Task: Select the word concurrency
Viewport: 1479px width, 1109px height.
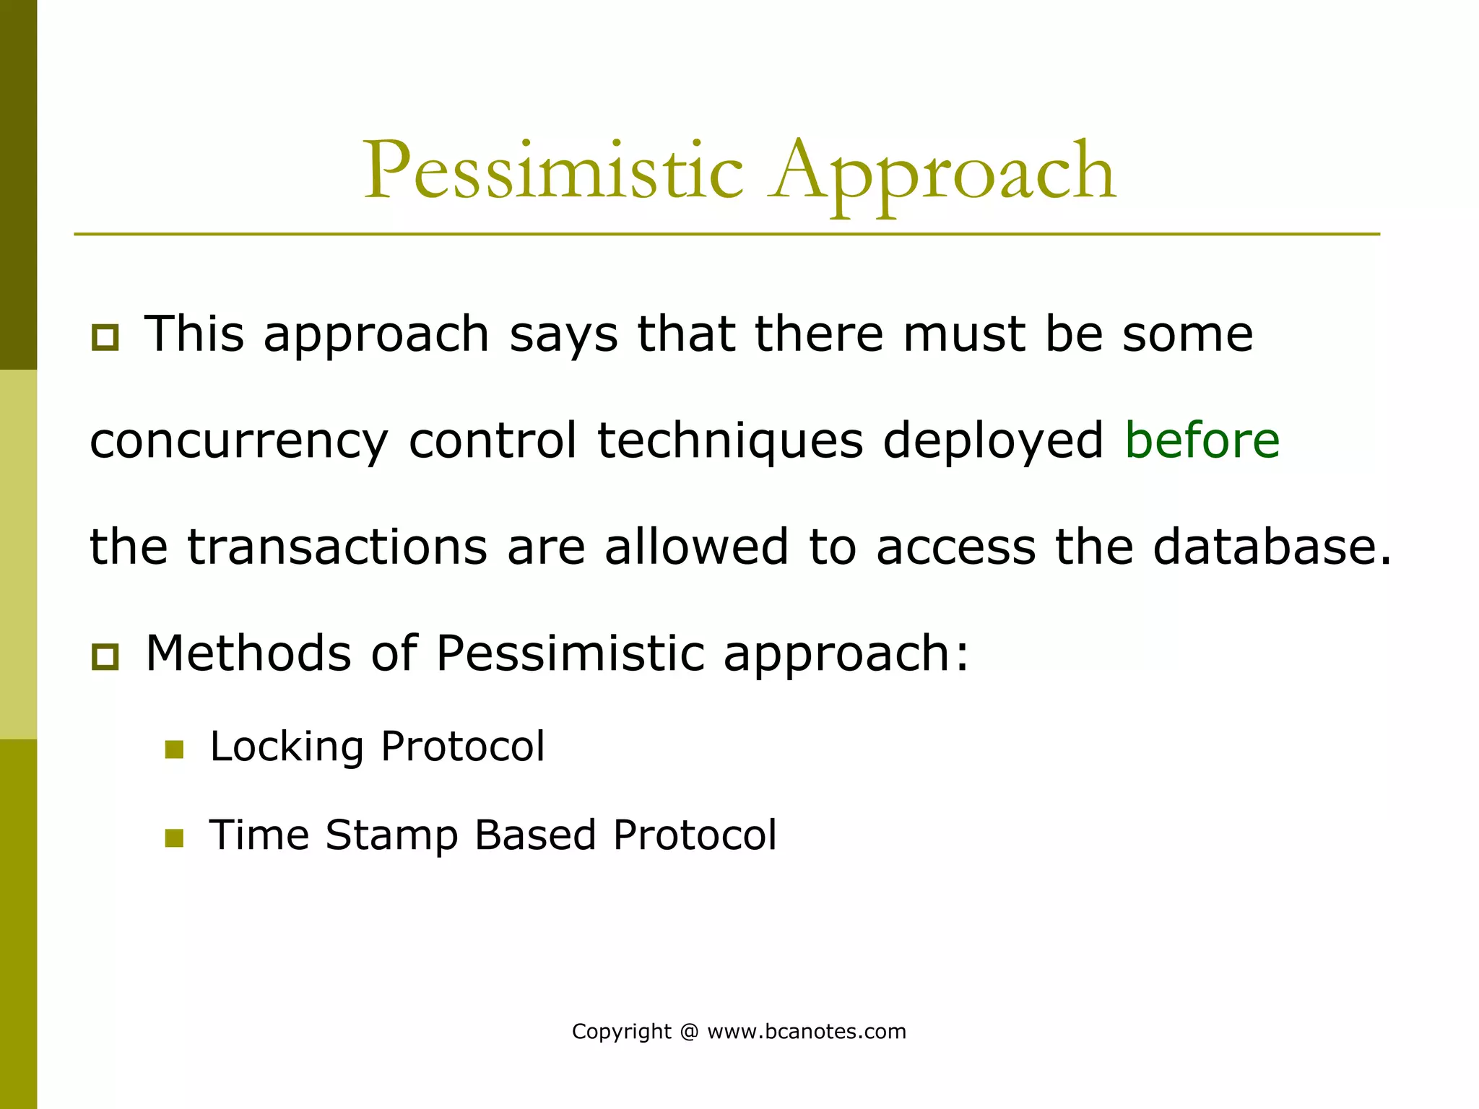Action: point(239,442)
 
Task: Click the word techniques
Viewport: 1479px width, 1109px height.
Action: point(730,442)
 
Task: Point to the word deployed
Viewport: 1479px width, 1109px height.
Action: point(993,442)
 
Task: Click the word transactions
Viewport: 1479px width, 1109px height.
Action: point(337,547)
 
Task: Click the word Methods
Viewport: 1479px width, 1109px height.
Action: point(248,653)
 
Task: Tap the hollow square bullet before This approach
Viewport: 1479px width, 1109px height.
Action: point(105,337)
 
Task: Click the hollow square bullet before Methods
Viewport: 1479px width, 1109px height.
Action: point(105,657)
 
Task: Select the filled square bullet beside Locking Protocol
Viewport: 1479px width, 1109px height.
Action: point(174,749)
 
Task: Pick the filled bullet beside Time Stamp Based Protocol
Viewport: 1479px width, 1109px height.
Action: point(174,838)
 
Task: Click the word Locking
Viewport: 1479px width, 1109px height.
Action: point(287,747)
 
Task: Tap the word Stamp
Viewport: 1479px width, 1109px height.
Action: point(391,836)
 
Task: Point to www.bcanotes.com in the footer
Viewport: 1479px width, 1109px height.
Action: point(807,1031)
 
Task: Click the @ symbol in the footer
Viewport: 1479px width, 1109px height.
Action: point(689,1031)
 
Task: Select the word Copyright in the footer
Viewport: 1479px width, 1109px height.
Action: point(621,1031)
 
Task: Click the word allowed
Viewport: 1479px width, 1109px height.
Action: point(696,547)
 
